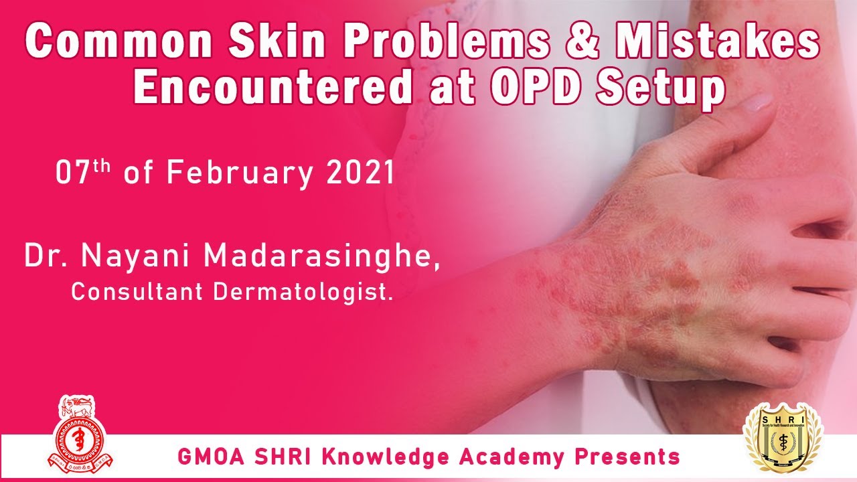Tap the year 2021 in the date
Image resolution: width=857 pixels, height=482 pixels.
pos(360,173)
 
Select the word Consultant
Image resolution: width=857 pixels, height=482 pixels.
pos(139,292)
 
